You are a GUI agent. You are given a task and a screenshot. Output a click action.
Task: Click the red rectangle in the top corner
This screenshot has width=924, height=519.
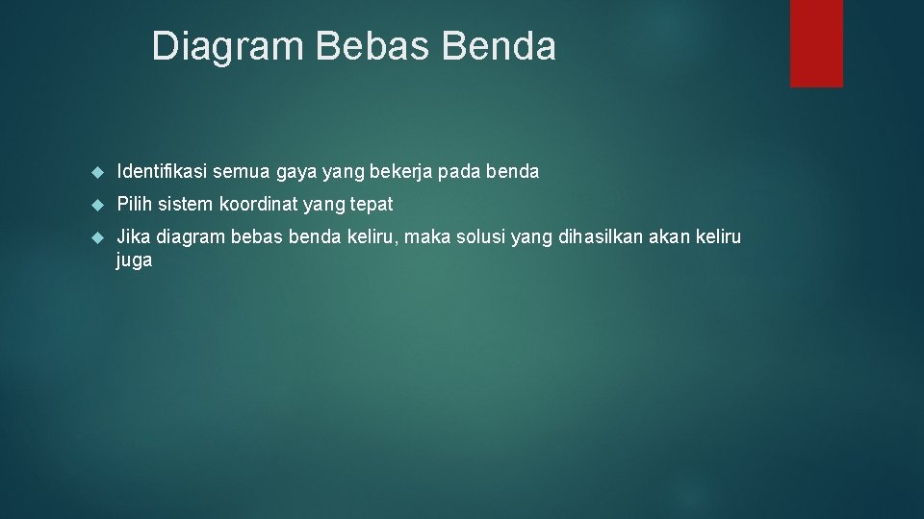816,43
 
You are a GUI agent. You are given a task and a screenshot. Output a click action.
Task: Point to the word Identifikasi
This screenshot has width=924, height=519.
161,172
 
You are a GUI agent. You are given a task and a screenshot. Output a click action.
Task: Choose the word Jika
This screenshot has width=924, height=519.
133,236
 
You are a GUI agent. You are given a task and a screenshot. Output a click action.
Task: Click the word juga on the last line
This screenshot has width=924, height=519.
134,260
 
